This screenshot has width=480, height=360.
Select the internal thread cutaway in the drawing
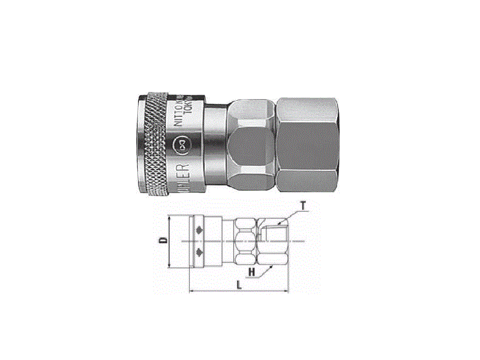pos(273,230)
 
